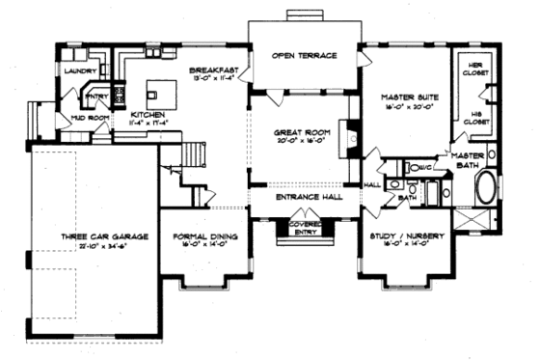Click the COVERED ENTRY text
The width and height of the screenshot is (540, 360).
(x=299, y=226)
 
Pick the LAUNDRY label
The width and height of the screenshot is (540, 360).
(x=77, y=71)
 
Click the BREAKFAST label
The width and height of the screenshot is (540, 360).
(x=209, y=69)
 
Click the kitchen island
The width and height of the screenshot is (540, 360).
(x=160, y=92)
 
